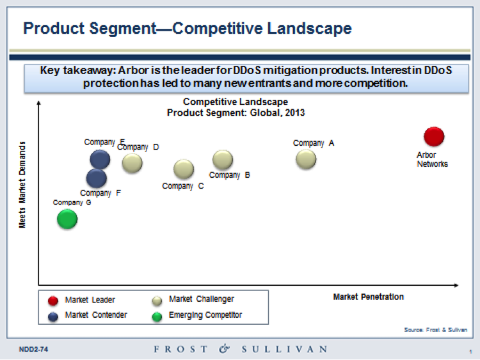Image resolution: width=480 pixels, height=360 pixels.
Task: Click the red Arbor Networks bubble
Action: pyautogui.click(x=434, y=136)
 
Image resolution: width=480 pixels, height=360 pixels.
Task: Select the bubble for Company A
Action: pyautogui.click(x=306, y=159)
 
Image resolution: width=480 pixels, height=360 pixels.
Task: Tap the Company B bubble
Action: pyautogui.click(x=223, y=160)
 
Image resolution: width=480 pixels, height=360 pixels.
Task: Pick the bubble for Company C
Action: pyautogui.click(x=184, y=169)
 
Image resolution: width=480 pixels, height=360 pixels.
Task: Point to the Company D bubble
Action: pyautogui.click(x=132, y=163)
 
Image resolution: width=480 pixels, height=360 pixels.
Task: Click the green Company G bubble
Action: pyautogui.click(x=67, y=219)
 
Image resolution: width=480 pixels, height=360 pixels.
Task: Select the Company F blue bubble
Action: pyautogui.click(x=96, y=178)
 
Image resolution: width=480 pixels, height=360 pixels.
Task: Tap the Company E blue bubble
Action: pyautogui.click(x=100, y=159)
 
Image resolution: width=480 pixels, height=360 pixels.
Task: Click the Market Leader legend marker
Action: pyautogui.click(x=54, y=299)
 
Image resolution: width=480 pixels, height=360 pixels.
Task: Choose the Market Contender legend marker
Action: pyautogui.click(x=54, y=315)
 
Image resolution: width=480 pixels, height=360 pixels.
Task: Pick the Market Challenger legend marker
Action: pyautogui.click(x=157, y=299)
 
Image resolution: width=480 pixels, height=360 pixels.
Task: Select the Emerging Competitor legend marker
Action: pyautogui.click(x=157, y=315)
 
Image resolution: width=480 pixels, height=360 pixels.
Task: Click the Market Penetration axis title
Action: pyautogui.click(x=368, y=297)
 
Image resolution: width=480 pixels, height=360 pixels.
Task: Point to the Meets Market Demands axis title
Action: pyautogui.click(x=22, y=185)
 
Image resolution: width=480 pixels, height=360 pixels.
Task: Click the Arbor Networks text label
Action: pyautogui.click(x=432, y=160)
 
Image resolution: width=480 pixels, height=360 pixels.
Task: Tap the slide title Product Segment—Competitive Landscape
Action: pyautogui.click(x=187, y=28)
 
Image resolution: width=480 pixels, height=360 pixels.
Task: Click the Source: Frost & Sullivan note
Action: pyautogui.click(x=436, y=329)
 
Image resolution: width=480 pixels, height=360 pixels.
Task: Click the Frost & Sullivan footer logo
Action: pyautogui.click(x=240, y=349)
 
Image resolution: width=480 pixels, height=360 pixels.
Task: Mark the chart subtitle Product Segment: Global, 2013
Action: pyautogui.click(x=236, y=113)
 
